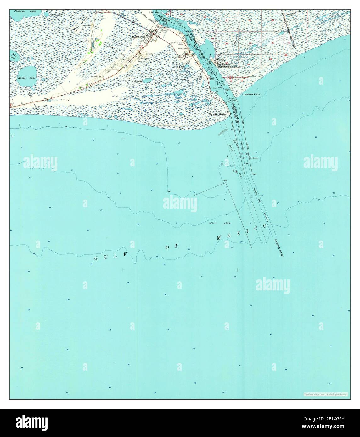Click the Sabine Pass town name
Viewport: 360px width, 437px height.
pos(139,36)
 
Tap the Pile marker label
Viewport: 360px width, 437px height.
pos(225,181)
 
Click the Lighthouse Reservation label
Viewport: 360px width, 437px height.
pos(232,67)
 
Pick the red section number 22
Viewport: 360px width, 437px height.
pos(250,20)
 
